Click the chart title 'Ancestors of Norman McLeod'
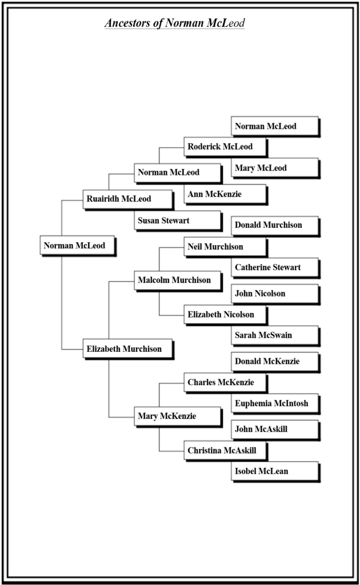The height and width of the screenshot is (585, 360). (x=174, y=23)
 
